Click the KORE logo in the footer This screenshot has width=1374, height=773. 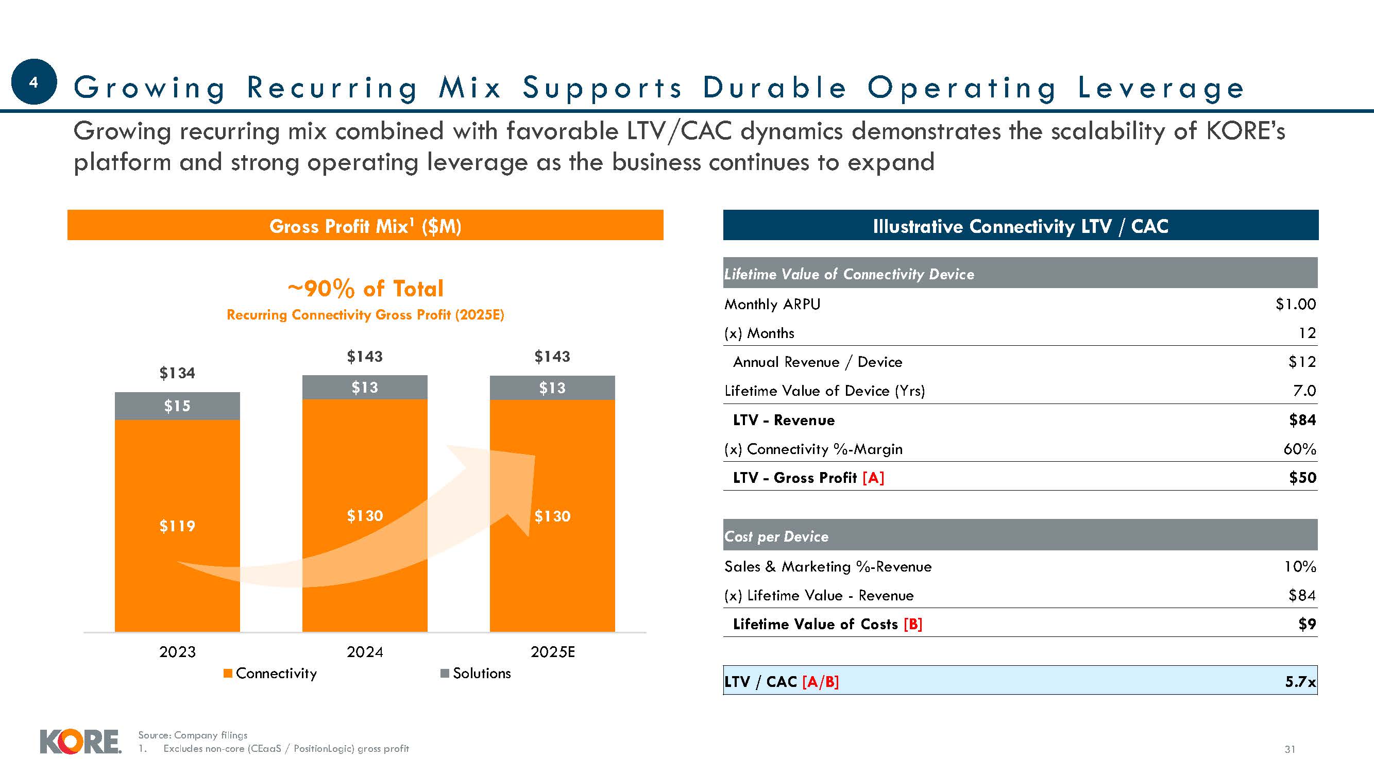(80, 742)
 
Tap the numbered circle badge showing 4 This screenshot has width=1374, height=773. (33, 81)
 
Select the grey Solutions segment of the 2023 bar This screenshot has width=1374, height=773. (177, 406)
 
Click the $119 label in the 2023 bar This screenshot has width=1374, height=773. (177, 526)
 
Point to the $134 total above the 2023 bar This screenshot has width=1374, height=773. (177, 373)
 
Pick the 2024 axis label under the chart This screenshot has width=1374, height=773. (365, 652)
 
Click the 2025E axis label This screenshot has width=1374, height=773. (553, 652)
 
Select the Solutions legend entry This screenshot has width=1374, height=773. (476, 673)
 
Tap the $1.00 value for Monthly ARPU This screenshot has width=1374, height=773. (1296, 304)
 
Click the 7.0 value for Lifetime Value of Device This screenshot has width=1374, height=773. (1304, 391)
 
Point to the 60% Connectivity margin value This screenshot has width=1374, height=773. (1300, 449)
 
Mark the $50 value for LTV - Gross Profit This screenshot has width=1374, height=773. (1302, 478)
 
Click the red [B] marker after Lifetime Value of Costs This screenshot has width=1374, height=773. (913, 624)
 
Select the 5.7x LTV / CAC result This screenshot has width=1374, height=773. (1300, 682)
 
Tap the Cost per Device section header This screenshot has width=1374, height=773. (776, 536)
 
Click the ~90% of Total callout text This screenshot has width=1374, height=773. (365, 289)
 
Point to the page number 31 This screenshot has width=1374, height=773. (1290, 749)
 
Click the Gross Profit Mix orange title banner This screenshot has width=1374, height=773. (365, 226)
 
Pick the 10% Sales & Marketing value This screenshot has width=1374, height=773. (1300, 566)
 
